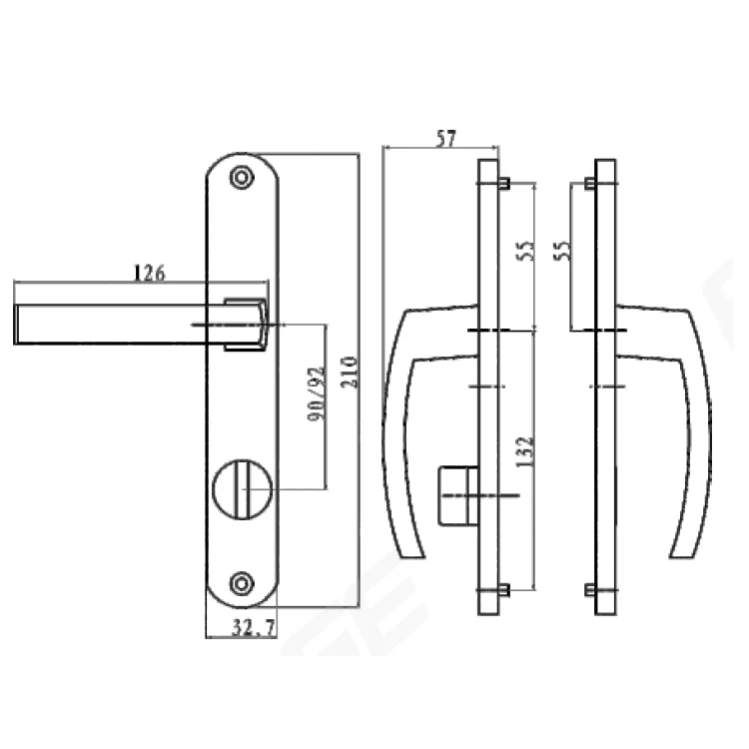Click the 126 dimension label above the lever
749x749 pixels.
tap(147, 272)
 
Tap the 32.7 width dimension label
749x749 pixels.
tap(241, 629)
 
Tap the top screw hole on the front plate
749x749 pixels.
tap(240, 177)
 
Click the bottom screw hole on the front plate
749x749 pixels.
tap(240, 582)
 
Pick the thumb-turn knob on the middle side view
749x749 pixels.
tap(455, 493)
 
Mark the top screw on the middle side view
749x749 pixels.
tap(504, 184)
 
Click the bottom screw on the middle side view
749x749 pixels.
tap(504, 589)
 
